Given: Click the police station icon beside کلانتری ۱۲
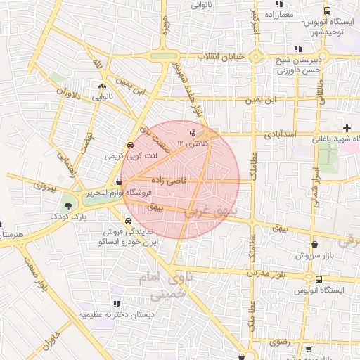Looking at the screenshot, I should [193, 132].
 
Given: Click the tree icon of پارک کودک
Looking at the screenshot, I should [68, 207].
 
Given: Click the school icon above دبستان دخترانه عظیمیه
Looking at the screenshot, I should [116, 304].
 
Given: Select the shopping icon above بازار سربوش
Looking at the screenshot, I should [314, 245].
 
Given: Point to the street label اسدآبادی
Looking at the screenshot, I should [281, 133].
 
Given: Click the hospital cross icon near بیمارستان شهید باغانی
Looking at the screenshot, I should [346, 127].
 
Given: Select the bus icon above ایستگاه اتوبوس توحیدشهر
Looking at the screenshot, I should [327, 11].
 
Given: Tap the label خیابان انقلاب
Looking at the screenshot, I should [220, 56].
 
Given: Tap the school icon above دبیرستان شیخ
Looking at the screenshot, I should [298, 49].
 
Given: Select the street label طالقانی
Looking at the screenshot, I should [321, 91].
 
